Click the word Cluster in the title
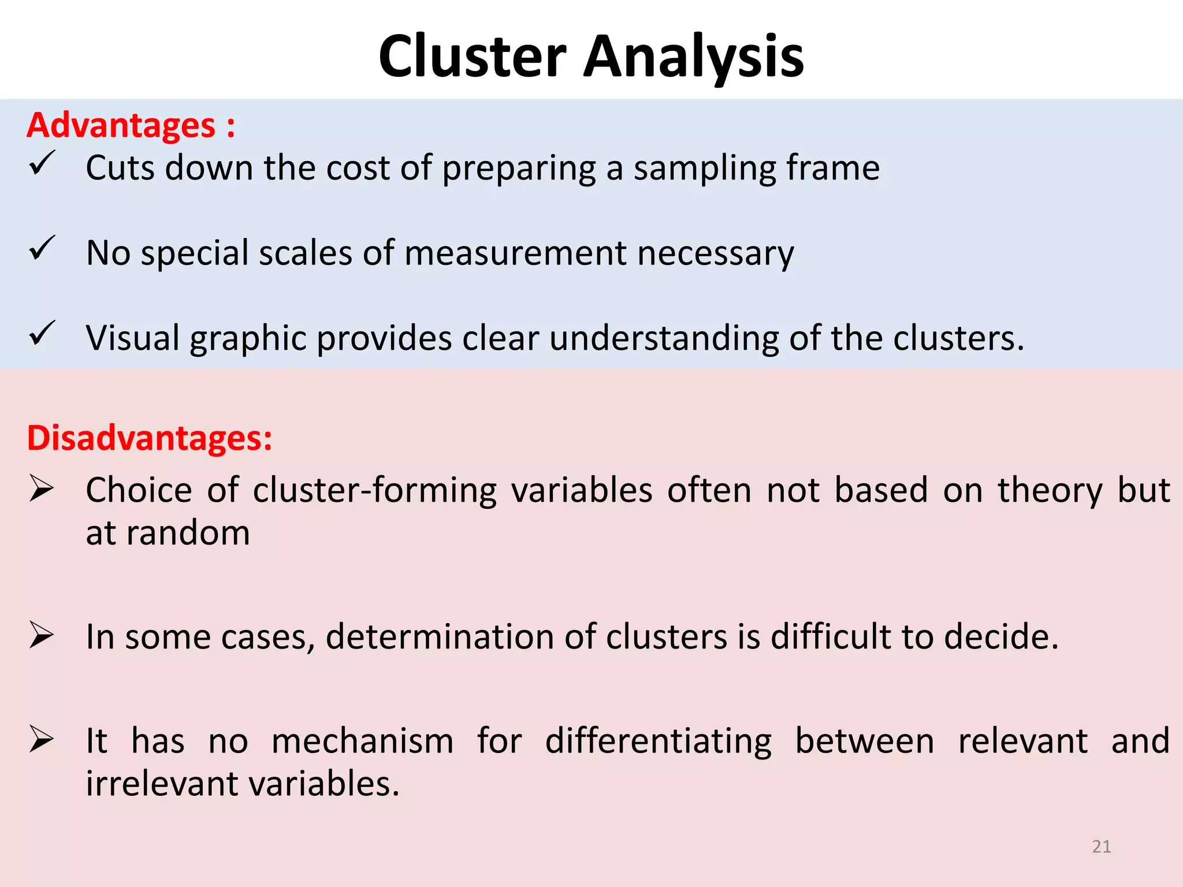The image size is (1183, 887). [472, 57]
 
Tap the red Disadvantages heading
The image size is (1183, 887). [149, 438]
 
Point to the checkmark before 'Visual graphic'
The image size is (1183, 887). [42, 333]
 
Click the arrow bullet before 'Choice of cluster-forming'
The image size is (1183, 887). [42, 489]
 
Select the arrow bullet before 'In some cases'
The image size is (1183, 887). [42, 636]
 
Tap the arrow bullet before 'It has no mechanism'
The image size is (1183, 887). [42, 740]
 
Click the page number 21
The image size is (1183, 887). [1102, 847]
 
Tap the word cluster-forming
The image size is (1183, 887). [375, 491]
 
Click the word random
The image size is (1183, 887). [188, 532]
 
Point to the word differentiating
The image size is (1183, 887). [658, 741]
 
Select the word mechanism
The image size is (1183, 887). [363, 741]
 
